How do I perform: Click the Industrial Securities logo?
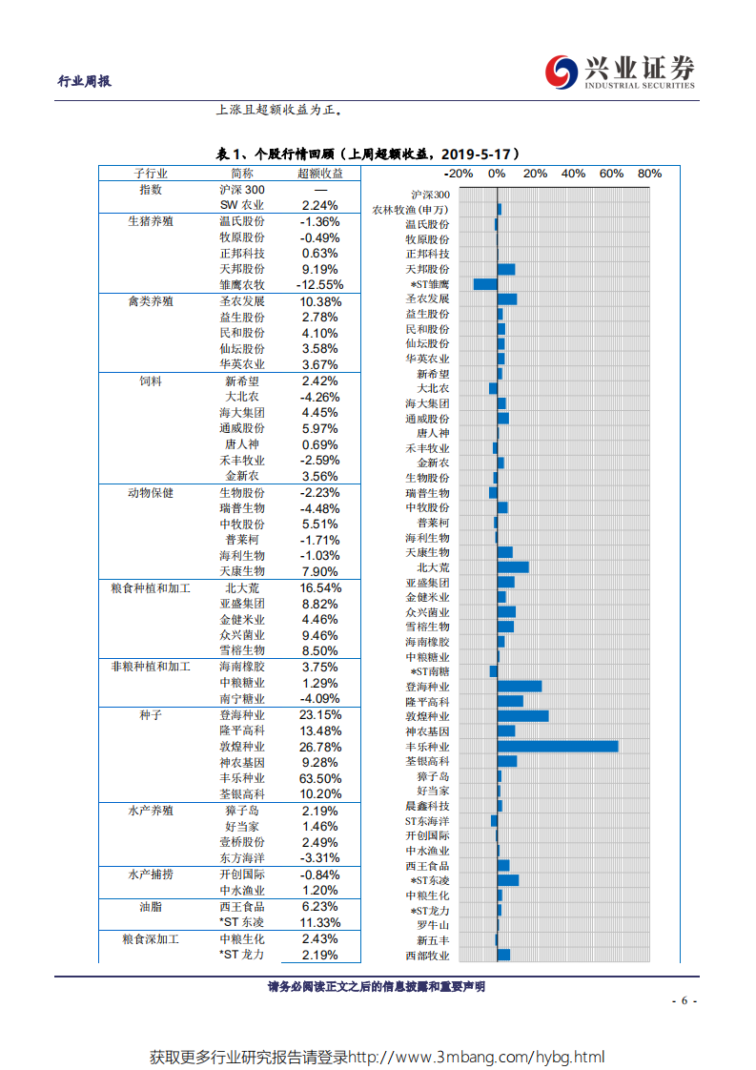click(x=620, y=72)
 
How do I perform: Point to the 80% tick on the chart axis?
click(x=649, y=174)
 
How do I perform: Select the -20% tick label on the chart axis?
click(x=459, y=174)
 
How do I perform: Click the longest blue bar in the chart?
click(x=558, y=746)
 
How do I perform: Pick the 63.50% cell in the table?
click(x=319, y=778)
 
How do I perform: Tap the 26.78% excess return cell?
click(x=319, y=747)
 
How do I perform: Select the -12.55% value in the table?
click(x=319, y=285)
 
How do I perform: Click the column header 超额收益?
click(x=320, y=174)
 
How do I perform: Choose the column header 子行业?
click(x=151, y=174)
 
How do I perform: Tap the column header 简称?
click(x=242, y=174)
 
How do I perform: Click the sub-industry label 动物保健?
click(x=151, y=493)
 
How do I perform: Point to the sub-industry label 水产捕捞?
click(x=151, y=875)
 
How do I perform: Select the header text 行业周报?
click(x=85, y=81)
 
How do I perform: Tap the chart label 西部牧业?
click(x=427, y=955)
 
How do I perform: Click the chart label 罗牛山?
click(x=432, y=925)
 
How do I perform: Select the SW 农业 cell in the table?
click(x=242, y=205)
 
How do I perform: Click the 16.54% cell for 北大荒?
click(x=319, y=588)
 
